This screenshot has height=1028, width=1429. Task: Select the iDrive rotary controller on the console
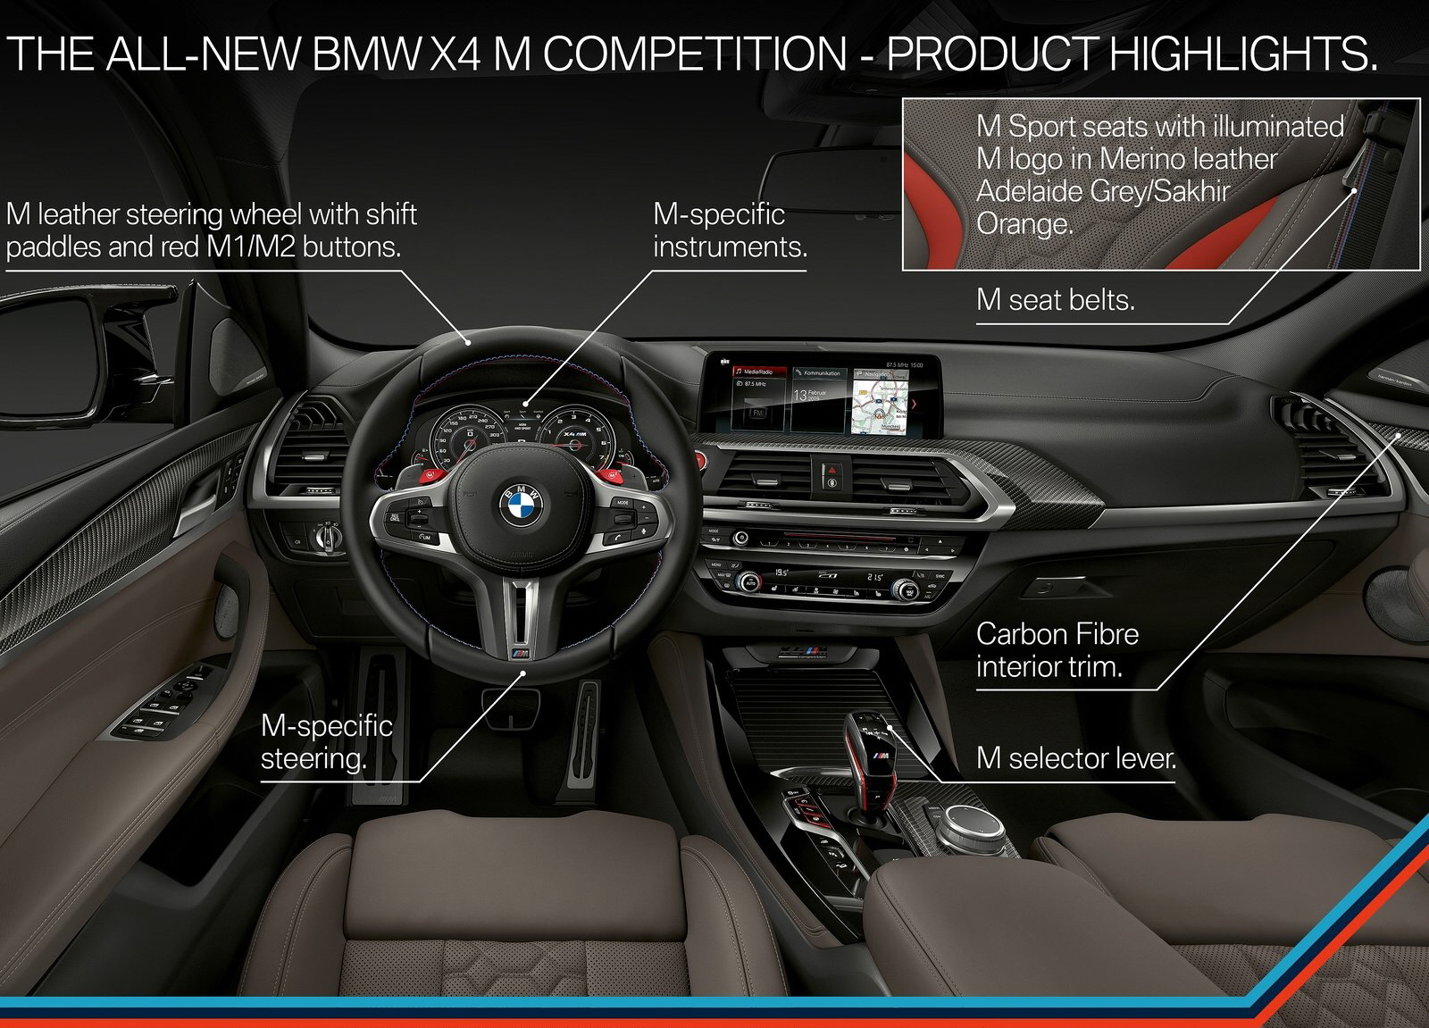[x=974, y=817]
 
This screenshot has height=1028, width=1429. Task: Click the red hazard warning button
[x=830, y=468]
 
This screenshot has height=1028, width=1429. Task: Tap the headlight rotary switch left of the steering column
[x=327, y=536]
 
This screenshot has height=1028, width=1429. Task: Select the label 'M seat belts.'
[x=1055, y=300]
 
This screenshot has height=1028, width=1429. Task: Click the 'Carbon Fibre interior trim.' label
[x=1057, y=650]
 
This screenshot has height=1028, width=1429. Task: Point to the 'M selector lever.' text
[x=1075, y=758]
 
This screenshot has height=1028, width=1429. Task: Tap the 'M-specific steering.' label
[x=326, y=741]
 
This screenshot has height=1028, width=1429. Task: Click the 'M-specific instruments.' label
[x=729, y=230]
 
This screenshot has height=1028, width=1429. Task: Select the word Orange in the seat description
[x=1024, y=223]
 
